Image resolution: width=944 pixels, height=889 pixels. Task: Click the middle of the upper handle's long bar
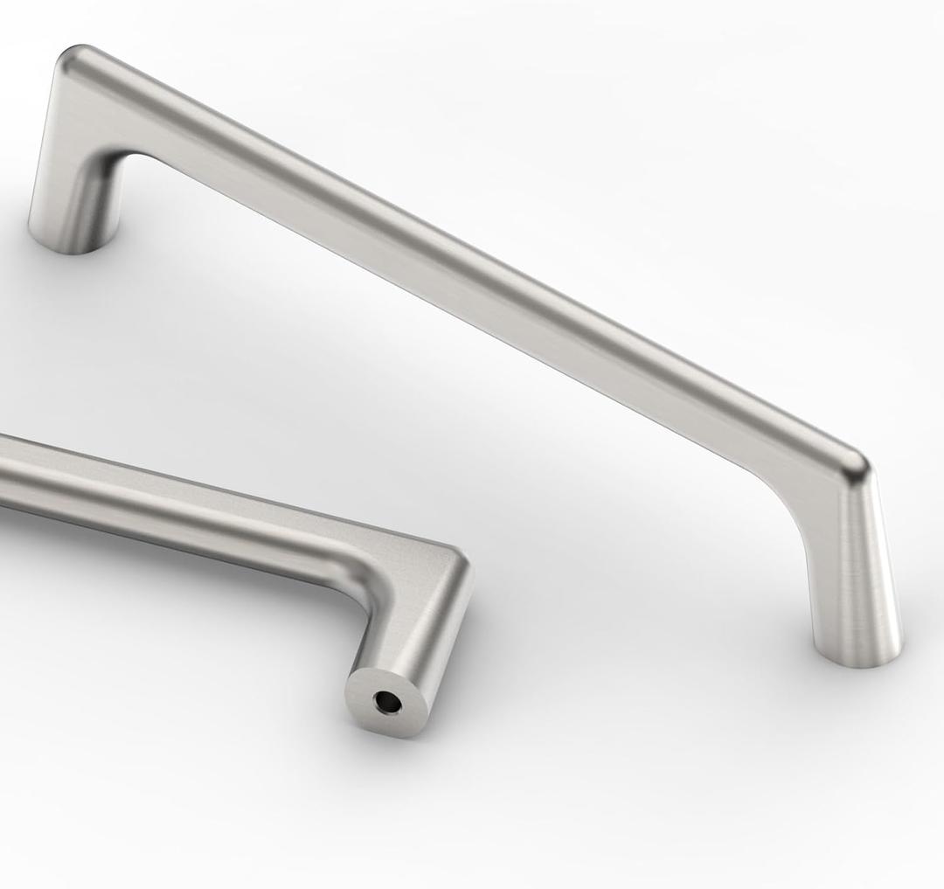coord(463,262)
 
